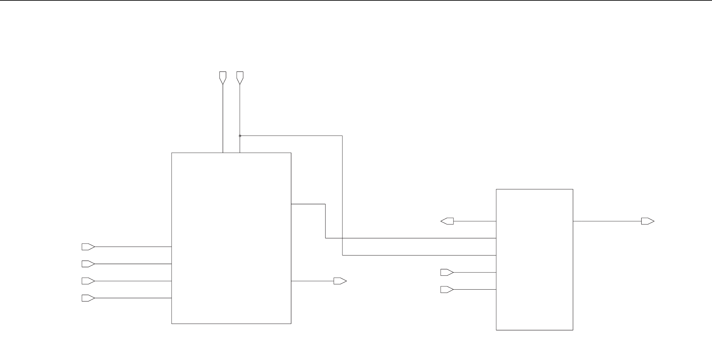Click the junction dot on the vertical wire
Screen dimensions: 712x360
(x=240, y=136)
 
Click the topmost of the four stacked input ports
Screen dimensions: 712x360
(x=88, y=247)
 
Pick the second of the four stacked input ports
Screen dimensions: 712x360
(x=88, y=264)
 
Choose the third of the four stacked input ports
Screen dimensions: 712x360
(x=88, y=281)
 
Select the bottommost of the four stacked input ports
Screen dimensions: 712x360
(x=88, y=298)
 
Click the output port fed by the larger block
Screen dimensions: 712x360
(x=339, y=281)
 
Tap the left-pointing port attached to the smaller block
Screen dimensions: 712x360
(x=448, y=221)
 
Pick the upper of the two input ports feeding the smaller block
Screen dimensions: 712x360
(x=446, y=272)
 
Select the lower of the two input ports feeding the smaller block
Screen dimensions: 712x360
(x=446, y=290)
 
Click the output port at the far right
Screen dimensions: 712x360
(x=647, y=221)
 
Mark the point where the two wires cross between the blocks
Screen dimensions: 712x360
(x=342, y=238)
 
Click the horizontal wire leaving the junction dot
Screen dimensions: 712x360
(x=291, y=136)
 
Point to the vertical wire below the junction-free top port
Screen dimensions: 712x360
(x=223, y=119)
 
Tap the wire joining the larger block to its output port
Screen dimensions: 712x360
(x=312, y=281)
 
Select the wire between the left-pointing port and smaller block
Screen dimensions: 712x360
(x=475, y=221)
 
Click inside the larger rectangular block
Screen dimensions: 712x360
(x=231, y=238)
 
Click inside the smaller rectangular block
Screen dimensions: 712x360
(x=534, y=260)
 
